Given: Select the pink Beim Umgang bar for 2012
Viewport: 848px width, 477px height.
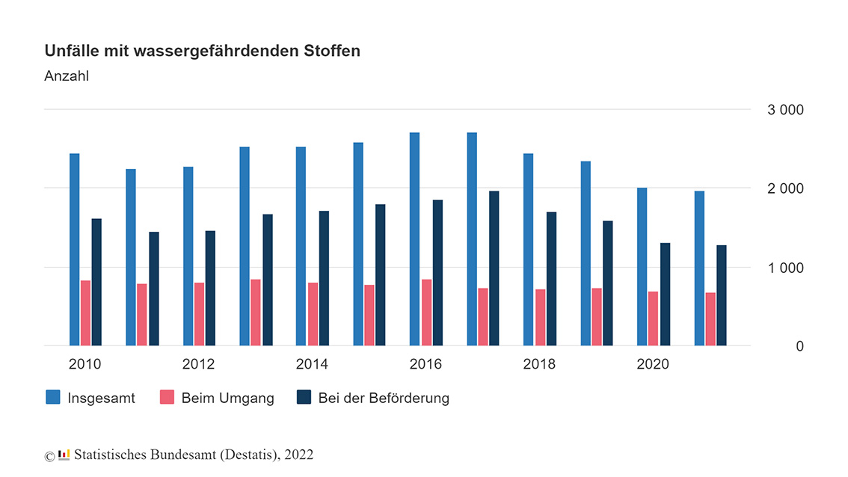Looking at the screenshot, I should click(x=199, y=314).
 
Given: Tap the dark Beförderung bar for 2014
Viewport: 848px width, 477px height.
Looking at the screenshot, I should click(x=324, y=278).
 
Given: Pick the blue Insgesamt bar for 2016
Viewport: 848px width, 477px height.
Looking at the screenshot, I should click(x=414, y=239).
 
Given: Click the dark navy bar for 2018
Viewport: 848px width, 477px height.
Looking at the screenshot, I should click(x=551, y=279).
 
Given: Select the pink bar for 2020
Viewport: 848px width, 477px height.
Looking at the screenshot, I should click(x=653, y=318).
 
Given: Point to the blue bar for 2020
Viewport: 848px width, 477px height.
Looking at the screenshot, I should click(x=642, y=266).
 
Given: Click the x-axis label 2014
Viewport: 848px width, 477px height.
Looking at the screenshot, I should click(x=312, y=364).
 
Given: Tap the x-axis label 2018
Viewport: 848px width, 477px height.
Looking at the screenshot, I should click(x=539, y=364).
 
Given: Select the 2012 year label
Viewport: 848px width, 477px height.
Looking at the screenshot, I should click(x=198, y=364).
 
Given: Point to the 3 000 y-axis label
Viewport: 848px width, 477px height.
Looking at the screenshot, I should click(x=785, y=110).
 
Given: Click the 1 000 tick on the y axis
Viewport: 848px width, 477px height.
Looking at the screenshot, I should click(x=785, y=268).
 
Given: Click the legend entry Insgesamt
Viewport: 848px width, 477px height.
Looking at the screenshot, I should click(x=101, y=398).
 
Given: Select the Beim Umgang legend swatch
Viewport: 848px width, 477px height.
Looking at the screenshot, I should click(x=166, y=397).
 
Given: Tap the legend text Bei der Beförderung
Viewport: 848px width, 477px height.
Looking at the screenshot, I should click(x=384, y=398).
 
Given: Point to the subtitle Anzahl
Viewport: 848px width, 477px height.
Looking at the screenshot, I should click(x=67, y=76).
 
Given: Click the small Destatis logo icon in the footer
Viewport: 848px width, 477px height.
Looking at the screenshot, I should click(x=64, y=455).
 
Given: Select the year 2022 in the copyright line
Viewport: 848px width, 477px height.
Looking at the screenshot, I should click(x=299, y=455).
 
